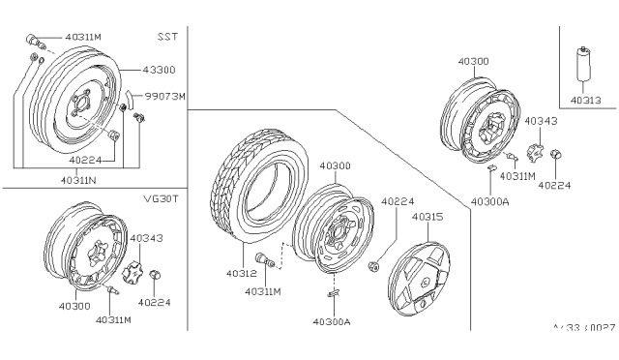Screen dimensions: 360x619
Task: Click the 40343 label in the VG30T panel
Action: coord(147,237)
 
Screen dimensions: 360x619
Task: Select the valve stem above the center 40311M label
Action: coord(263,258)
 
